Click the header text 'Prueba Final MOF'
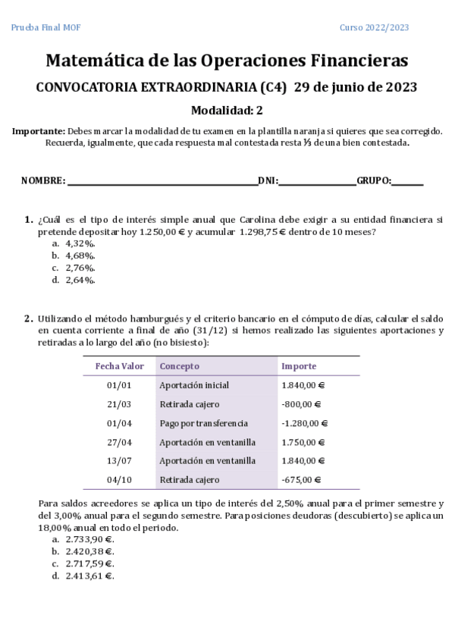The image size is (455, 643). click(x=45, y=28)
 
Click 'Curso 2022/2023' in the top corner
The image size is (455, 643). click(x=374, y=28)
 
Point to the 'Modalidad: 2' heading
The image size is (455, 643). click(x=227, y=110)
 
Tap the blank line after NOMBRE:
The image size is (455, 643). click(x=162, y=181)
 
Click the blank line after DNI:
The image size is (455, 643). click(x=317, y=181)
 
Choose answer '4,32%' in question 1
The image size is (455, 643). click(x=80, y=243)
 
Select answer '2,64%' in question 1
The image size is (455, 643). click(x=80, y=280)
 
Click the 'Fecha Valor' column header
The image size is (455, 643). click(x=119, y=366)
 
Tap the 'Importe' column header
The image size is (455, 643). click(x=299, y=366)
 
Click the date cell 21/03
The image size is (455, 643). click(x=119, y=404)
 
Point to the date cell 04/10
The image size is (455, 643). click(x=119, y=480)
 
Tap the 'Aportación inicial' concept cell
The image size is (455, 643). click(x=194, y=385)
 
